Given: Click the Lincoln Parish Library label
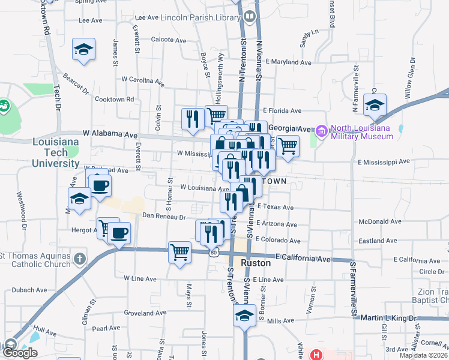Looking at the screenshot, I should pos(200,18).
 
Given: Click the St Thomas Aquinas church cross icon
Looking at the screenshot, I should pos(79,259).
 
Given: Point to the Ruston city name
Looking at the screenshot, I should pos(257,263).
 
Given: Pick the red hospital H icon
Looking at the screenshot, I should pos(316,355).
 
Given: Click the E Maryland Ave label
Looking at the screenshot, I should pos(289,62).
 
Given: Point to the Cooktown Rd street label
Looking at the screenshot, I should pos(113,99).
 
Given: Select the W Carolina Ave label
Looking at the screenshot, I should pos(142,79).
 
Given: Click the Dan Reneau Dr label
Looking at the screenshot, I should pos(163,217).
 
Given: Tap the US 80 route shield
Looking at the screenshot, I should pos(214,253).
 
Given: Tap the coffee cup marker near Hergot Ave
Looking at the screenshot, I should pos(119,232).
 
